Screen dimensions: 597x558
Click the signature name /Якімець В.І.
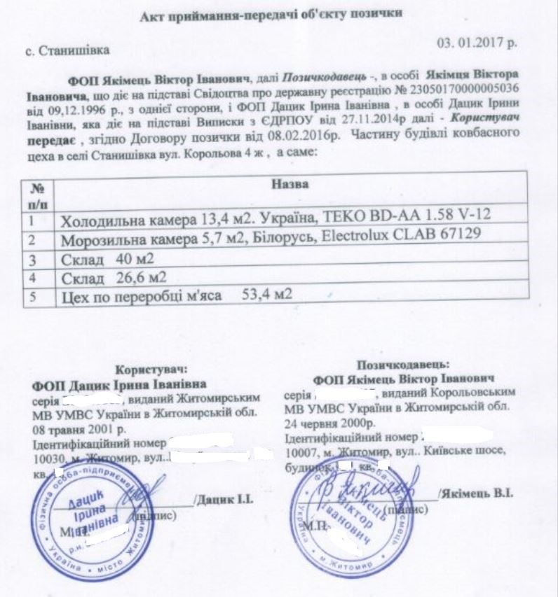click(476, 493)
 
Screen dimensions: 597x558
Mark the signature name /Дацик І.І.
click(221, 501)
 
